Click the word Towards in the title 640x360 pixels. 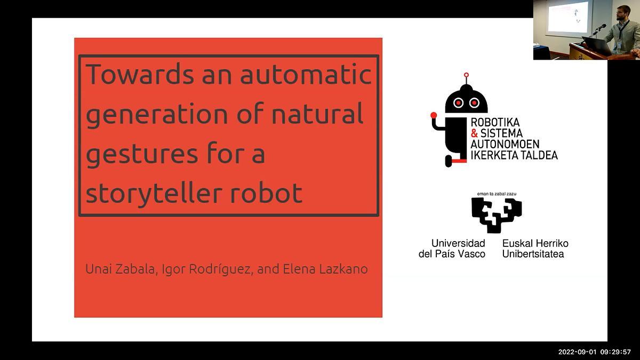coord(139,74)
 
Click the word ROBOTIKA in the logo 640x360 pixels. coord(495,123)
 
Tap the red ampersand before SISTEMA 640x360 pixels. coord(474,133)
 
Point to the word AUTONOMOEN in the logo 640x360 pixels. coord(505,144)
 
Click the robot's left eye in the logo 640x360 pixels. coord(458,102)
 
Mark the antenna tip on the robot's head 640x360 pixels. coord(466,75)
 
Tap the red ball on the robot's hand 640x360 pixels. coord(434,115)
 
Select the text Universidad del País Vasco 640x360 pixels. coord(452,249)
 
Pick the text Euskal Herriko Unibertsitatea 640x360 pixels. coord(535,249)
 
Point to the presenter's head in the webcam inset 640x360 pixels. coord(622,12)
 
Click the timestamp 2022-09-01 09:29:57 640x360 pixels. coord(594,352)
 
